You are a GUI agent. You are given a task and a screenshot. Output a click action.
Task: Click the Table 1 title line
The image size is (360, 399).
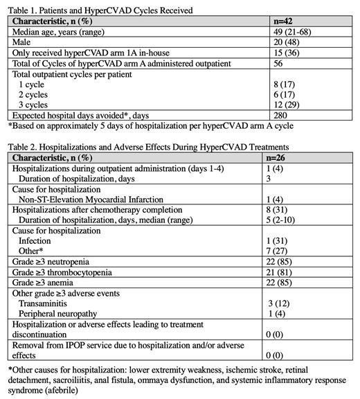pyautogui.click(x=98, y=10)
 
